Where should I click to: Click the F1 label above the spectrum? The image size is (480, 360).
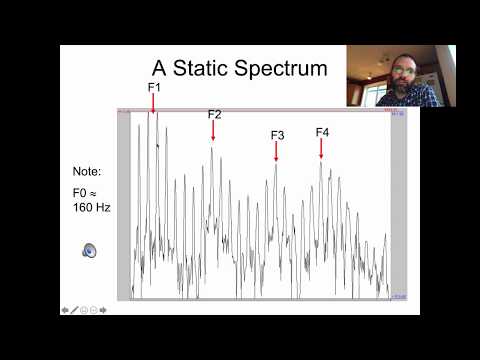[x=154, y=88]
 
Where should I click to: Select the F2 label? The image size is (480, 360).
[x=214, y=114]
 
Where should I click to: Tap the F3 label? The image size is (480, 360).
[x=277, y=135]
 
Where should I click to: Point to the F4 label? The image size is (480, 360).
[x=322, y=132]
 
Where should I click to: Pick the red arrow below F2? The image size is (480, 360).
[x=213, y=131]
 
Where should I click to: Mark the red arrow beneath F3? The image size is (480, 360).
[x=276, y=152]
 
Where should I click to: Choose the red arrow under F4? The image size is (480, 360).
[x=321, y=149]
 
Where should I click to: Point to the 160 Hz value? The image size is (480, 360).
[x=90, y=208]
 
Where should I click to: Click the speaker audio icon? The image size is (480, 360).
[x=89, y=250]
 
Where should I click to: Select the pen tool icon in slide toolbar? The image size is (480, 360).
[x=74, y=310]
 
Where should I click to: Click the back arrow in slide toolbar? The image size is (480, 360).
[x=65, y=310]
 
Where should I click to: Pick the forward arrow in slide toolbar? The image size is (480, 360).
[x=102, y=310]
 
